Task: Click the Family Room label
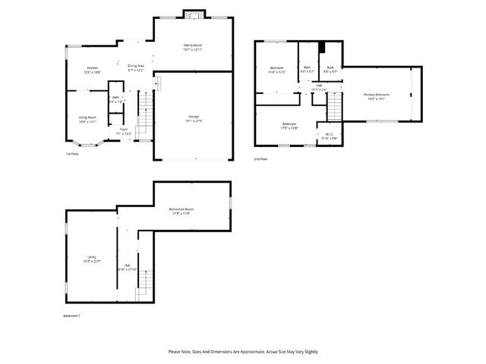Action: [x=193, y=48]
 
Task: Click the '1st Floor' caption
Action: [x=72, y=155]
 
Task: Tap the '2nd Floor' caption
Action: [x=261, y=159]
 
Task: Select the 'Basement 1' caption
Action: [x=71, y=315]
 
